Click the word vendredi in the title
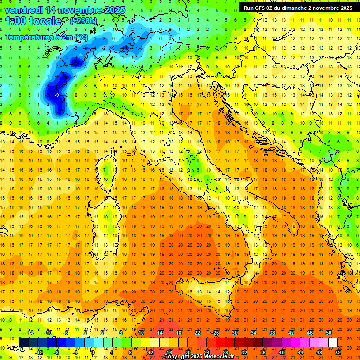click(24, 10)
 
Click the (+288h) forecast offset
click(84, 21)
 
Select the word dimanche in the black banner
click(303, 8)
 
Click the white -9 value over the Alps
click(56, 95)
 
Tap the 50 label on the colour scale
click(329, 332)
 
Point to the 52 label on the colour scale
click(337, 352)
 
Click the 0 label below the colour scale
click(93, 352)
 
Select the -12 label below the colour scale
click(39, 352)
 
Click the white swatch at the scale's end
click(333, 342)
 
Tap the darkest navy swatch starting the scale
click(23, 342)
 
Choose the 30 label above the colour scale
click(235, 332)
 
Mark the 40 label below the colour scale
click(281, 352)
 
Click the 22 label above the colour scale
click(197, 332)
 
